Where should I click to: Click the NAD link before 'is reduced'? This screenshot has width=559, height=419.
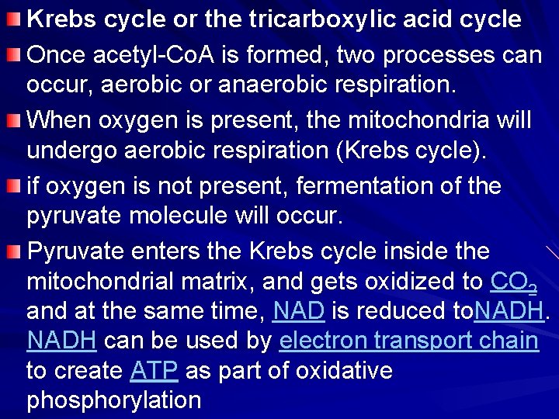[298, 310]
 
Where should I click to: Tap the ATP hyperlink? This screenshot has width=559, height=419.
[155, 370]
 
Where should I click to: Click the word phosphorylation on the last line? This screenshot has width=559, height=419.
[114, 400]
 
